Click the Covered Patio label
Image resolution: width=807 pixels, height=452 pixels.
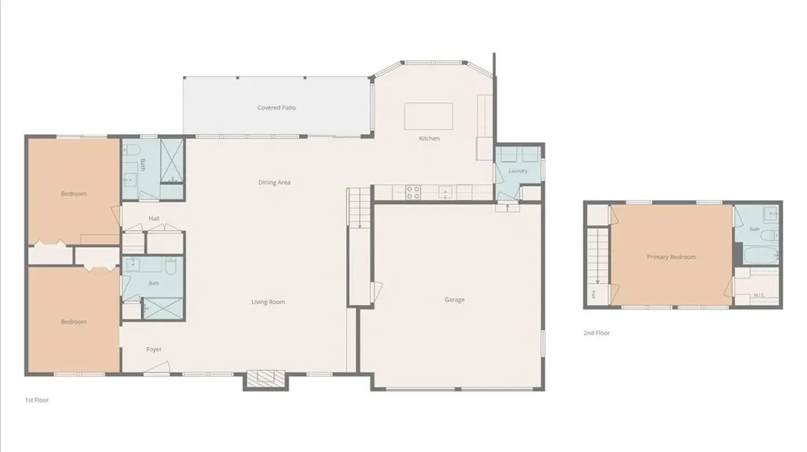(277, 108)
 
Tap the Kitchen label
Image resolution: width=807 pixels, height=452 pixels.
(430, 139)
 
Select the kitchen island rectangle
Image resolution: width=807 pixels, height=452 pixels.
(429, 116)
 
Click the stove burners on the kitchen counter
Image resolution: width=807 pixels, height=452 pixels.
(413, 192)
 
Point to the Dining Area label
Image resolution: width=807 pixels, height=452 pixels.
(274, 182)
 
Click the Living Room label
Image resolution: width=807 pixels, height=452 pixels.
(268, 302)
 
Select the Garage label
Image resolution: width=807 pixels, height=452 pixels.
(455, 300)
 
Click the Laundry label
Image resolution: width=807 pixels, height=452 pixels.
(518, 170)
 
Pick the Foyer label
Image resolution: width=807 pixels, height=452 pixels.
(154, 349)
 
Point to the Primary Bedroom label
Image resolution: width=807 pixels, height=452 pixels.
(671, 256)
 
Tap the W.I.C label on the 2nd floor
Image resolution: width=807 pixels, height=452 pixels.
(759, 295)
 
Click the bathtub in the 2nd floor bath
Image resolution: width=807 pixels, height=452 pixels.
(761, 255)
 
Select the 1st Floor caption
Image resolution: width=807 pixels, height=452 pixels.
(36, 400)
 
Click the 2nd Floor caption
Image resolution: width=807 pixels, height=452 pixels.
(597, 333)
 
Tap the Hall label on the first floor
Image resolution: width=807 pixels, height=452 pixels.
(154, 219)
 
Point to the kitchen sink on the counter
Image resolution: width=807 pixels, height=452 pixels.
(445, 192)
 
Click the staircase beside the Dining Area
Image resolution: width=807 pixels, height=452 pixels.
(359, 208)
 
